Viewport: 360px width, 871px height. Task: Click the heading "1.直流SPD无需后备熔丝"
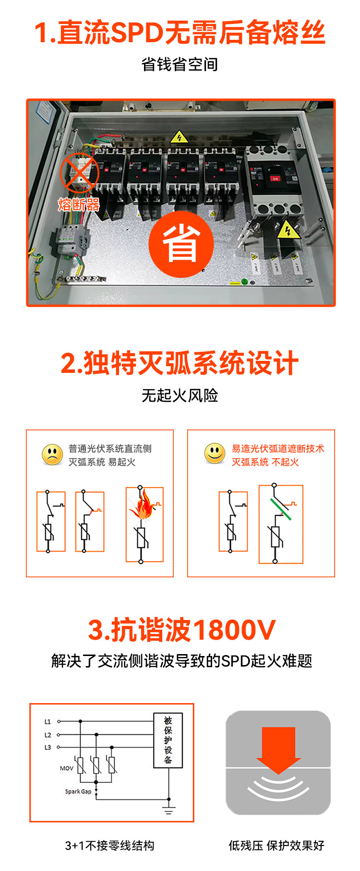[x=180, y=33]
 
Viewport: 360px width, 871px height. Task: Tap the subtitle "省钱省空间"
[x=180, y=64]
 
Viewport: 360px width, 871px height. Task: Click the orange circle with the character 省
[x=181, y=244]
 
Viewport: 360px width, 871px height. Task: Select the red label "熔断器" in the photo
[x=79, y=205]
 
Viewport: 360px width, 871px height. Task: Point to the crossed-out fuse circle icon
[x=79, y=173]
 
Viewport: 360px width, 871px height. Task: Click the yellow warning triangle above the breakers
[x=179, y=138]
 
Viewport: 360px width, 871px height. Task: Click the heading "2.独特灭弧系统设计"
[x=180, y=363]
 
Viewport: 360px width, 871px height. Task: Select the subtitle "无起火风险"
[x=180, y=395]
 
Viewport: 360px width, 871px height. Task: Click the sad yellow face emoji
[x=52, y=455]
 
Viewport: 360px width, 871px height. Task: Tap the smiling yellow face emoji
[x=215, y=453]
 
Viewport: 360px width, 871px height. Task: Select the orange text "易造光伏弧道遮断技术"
[x=278, y=449]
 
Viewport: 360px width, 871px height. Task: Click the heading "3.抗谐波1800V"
[x=181, y=630]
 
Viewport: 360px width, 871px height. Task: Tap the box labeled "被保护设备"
[x=168, y=740]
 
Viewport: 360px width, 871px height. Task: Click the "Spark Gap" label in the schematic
[x=78, y=791]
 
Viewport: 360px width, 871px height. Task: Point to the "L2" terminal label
[x=48, y=735]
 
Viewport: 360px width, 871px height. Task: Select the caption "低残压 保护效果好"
[x=276, y=845]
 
